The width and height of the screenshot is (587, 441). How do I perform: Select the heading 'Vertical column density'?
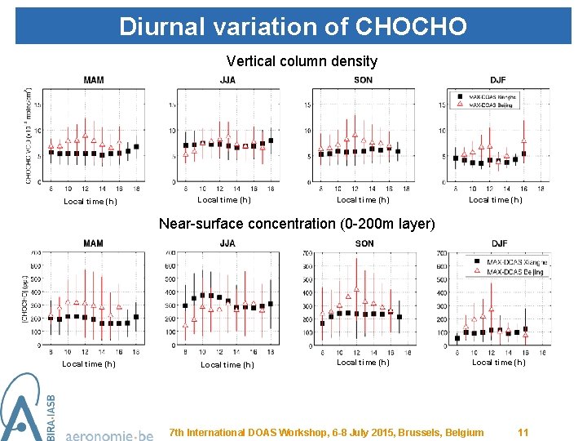tap(302, 61)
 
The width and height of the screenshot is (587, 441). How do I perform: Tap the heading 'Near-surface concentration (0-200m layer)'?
tap(298, 223)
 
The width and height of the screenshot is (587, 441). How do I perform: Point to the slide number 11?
tap(523, 432)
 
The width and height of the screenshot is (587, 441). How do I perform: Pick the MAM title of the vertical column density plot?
tap(93, 80)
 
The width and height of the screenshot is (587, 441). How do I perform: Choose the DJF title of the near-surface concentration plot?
tap(499, 243)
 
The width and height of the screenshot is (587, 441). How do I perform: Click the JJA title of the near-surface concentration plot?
tap(227, 243)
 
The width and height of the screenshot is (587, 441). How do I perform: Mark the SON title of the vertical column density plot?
tap(364, 80)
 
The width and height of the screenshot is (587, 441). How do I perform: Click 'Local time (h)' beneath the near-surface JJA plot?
tap(227, 365)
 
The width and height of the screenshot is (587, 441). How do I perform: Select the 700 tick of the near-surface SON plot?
tap(307, 253)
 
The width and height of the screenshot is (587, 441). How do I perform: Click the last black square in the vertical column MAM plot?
tap(136, 147)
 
